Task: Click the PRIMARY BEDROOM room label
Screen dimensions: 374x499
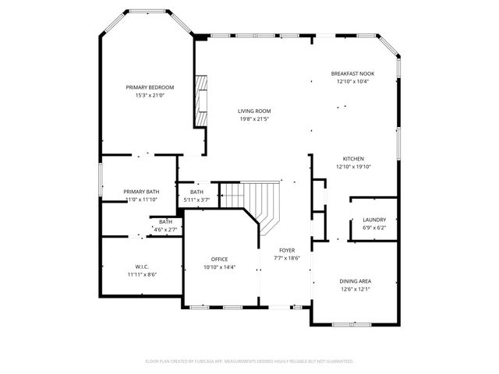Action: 150,87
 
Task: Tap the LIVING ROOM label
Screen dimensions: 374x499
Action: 254,111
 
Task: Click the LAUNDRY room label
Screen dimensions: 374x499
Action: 374,220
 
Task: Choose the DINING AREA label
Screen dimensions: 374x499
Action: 355,280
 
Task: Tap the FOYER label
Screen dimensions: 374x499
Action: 287,249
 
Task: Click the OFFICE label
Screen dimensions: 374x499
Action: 219,259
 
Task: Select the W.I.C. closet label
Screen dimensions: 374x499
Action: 141,266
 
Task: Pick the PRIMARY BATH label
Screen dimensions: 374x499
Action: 141,192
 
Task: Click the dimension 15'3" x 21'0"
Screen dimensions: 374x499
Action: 150,96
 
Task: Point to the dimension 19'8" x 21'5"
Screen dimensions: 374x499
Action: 254,119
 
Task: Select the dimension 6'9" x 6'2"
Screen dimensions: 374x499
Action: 374,228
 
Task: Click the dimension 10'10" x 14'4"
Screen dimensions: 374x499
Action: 219,267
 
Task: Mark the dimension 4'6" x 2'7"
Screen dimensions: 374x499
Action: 165,229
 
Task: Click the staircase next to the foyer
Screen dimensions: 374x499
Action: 261,201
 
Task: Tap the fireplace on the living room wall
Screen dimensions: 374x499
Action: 201,99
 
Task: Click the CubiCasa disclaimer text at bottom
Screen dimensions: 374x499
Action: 249,361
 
